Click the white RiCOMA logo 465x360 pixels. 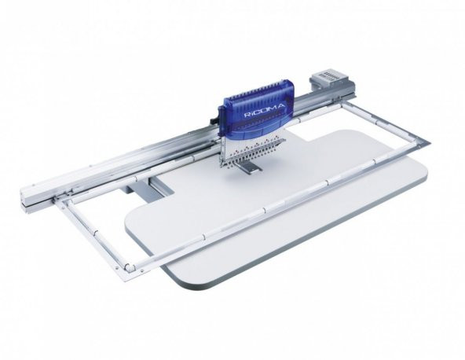(264, 110)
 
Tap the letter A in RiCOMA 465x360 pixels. (281, 105)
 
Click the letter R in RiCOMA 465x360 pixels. (246, 116)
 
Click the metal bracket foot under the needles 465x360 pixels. (251, 167)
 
